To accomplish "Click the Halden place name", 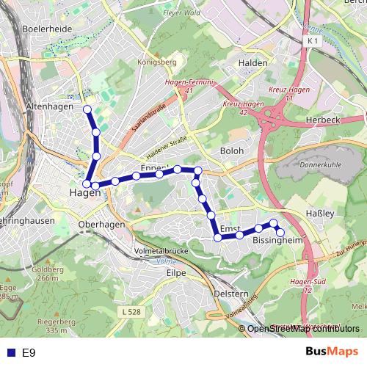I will (253, 63).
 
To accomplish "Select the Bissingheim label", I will (277, 240).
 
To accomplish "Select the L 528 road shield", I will (130, 313).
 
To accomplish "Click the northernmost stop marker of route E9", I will (87, 109).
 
